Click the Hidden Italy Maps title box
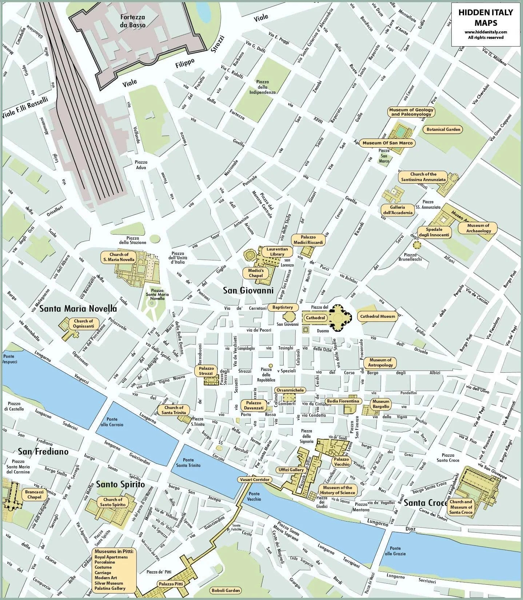click(x=486, y=24)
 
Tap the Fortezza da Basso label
click(x=133, y=21)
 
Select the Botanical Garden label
click(x=443, y=129)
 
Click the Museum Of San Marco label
click(x=387, y=143)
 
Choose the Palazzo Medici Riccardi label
click(x=308, y=240)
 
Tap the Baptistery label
click(x=282, y=307)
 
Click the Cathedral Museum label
click(x=377, y=316)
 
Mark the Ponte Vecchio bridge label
click(x=254, y=496)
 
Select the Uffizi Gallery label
click(x=291, y=470)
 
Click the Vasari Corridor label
click(x=255, y=480)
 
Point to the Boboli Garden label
click(x=225, y=591)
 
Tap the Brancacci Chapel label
click(x=34, y=495)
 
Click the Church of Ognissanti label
click(x=83, y=323)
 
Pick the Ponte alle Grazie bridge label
click(x=395, y=551)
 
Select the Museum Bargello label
click(x=381, y=404)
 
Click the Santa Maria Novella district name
click(x=78, y=309)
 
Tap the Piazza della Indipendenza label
click(x=262, y=87)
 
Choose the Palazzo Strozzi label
click(x=206, y=371)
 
